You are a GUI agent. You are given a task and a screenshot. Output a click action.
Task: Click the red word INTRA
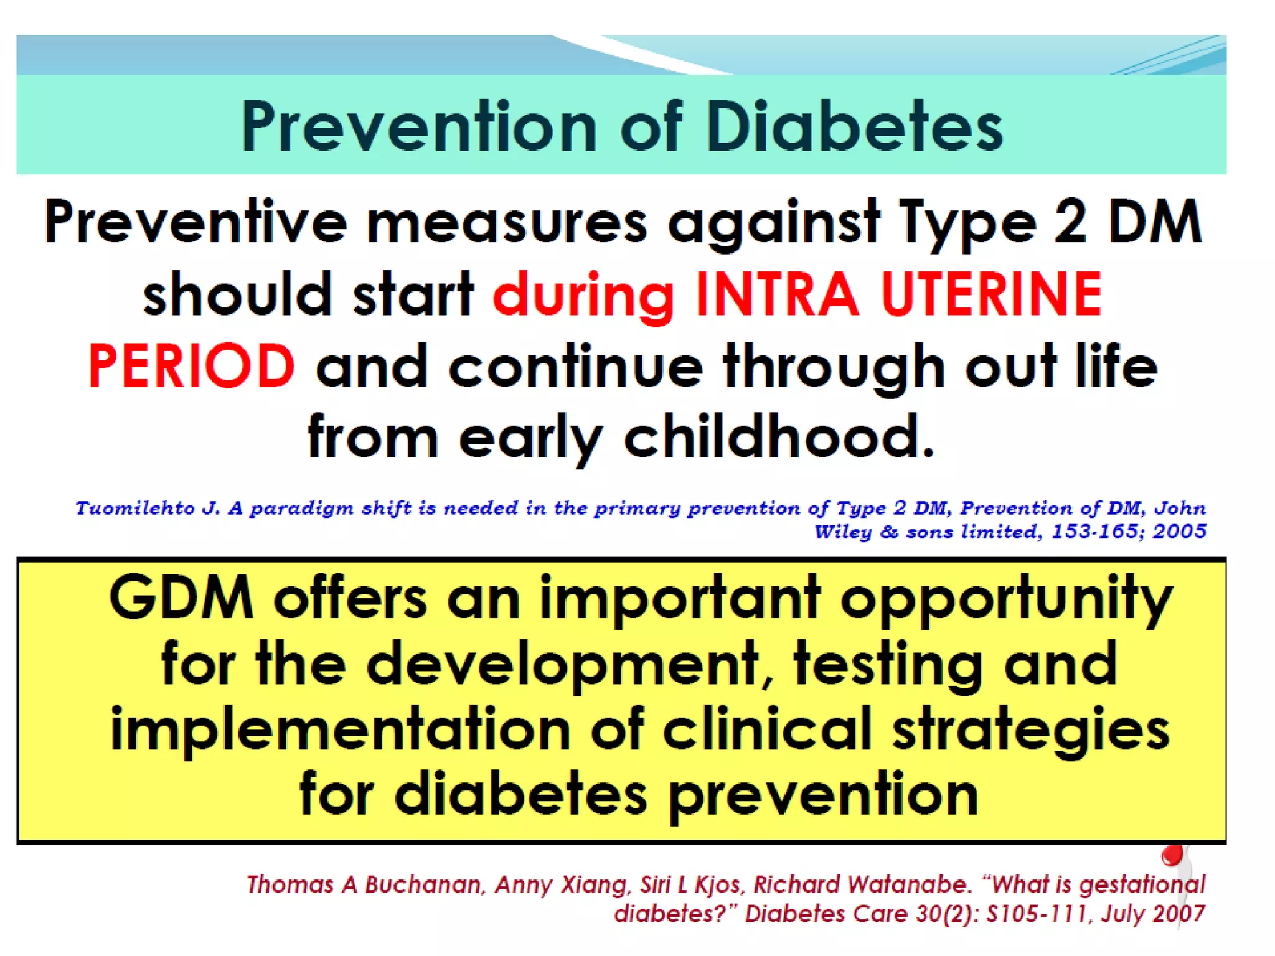(x=776, y=294)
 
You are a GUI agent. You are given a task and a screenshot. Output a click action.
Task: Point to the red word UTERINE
(x=991, y=294)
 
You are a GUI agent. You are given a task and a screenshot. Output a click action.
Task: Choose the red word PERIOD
(x=191, y=366)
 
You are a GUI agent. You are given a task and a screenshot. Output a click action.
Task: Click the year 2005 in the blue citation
(x=1179, y=532)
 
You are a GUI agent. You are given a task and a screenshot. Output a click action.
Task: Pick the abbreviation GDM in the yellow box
(x=181, y=597)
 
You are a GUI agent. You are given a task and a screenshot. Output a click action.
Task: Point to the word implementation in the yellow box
(x=340, y=729)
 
